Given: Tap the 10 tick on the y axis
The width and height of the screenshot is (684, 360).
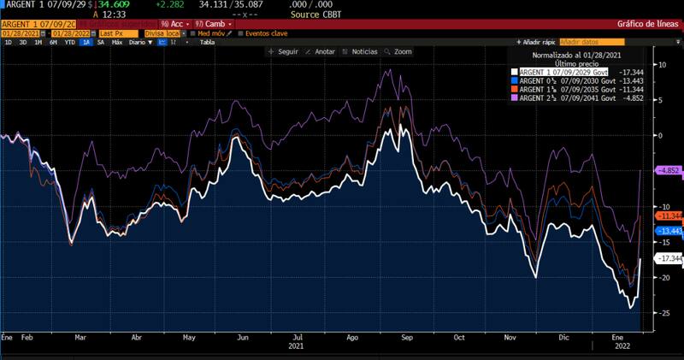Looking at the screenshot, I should tap(660, 64).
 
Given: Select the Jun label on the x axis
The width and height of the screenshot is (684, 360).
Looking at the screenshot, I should tap(243, 338).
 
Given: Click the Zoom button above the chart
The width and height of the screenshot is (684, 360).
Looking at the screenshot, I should tap(398, 51).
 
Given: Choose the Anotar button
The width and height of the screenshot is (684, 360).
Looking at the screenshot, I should tap(321, 51).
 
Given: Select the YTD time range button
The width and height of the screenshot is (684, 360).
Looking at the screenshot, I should tap(69, 41).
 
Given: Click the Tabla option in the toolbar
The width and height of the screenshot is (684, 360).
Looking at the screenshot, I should tap(207, 41).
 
